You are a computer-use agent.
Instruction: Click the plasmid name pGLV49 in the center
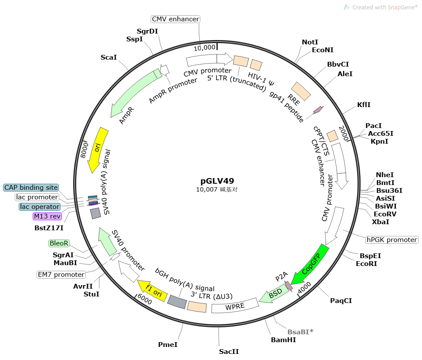(x=214, y=181)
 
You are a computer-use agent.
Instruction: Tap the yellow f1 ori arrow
(x=152, y=291)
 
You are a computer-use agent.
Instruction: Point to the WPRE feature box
(x=234, y=305)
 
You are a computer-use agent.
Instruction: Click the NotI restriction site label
(x=310, y=42)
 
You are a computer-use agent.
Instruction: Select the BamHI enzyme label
(x=283, y=340)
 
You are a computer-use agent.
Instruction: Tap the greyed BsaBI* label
(x=300, y=332)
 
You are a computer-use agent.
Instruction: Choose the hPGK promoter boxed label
(x=392, y=240)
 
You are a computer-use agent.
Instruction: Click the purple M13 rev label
(x=47, y=216)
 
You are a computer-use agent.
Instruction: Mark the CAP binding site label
(x=30, y=188)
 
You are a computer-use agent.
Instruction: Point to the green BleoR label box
(x=58, y=243)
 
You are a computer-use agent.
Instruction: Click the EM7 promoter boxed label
(x=61, y=275)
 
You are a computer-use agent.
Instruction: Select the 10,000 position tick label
(x=205, y=47)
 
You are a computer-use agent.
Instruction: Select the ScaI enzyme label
(x=108, y=57)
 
